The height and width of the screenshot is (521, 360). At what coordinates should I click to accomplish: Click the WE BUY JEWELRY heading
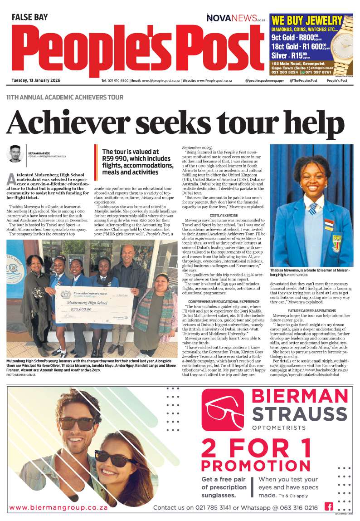tap(306, 20)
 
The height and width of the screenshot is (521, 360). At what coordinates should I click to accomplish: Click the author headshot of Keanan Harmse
tap(15, 154)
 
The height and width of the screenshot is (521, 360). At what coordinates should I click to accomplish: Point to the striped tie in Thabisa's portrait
tap(313, 208)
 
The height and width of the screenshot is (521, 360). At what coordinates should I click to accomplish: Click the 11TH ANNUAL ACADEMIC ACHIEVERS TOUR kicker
tap(64, 98)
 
